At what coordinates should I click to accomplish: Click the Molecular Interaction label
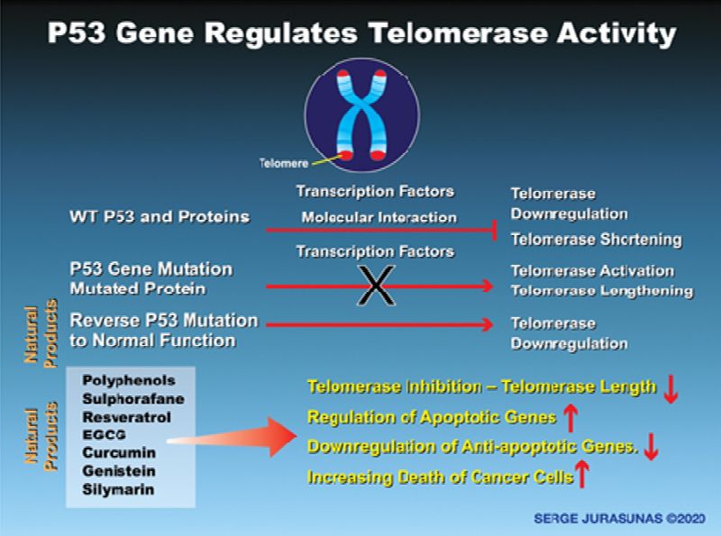(379, 217)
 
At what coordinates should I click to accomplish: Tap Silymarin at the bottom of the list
(118, 489)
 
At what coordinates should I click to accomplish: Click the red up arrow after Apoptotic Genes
(570, 415)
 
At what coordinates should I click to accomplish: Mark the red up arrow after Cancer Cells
(583, 474)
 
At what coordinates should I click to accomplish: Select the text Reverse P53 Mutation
(163, 321)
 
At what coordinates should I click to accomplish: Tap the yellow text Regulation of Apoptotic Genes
(432, 417)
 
